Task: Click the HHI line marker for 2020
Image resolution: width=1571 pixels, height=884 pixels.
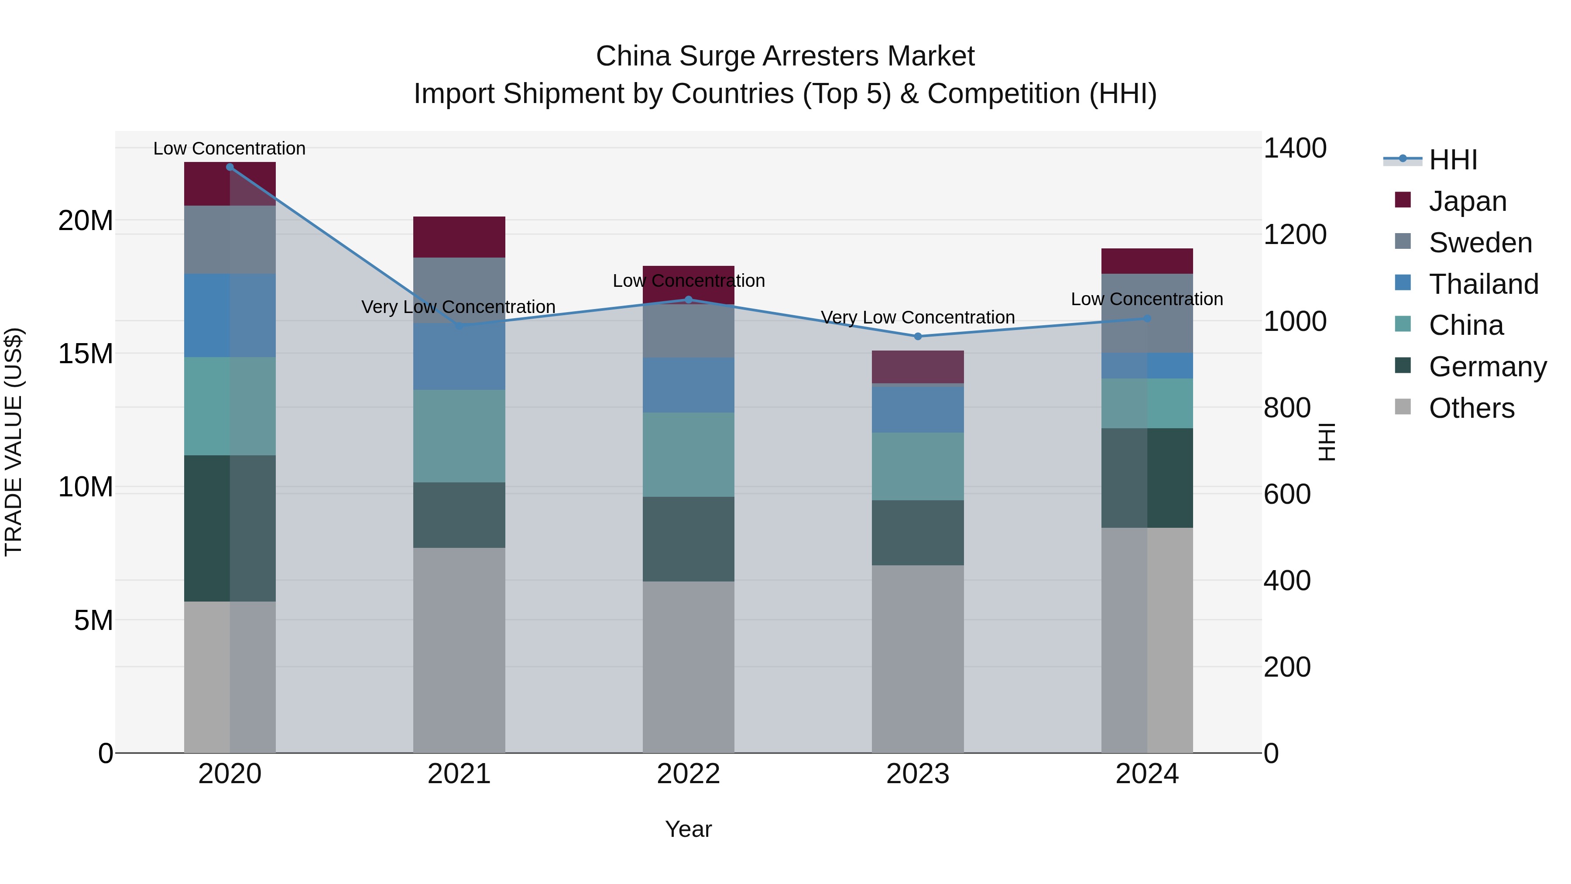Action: [x=230, y=167]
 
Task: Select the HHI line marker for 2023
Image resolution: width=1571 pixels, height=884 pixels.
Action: [x=918, y=336]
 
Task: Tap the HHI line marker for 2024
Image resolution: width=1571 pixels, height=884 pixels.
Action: [x=1147, y=319]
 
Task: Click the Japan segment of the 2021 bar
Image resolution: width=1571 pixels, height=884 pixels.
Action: [x=459, y=237]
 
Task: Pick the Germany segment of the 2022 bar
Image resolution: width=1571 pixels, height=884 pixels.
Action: [x=689, y=539]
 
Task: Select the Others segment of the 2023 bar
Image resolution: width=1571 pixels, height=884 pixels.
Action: [x=918, y=659]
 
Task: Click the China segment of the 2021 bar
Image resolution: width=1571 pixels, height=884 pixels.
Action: [x=459, y=436]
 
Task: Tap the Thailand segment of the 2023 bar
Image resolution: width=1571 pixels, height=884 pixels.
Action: [x=918, y=409]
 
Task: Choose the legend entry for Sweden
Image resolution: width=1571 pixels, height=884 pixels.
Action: [x=1480, y=243]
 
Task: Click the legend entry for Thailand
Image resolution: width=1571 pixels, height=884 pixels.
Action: [x=1483, y=284]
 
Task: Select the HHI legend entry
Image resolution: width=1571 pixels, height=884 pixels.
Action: [x=1453, y=160]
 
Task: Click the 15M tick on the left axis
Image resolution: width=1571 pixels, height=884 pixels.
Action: [x=86, y=354]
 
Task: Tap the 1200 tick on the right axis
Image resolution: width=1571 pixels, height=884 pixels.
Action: [x=1295, y=235]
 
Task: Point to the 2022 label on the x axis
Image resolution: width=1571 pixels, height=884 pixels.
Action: [x=689, y=774]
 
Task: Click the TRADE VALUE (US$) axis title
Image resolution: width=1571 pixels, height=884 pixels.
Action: [x=14, y=442]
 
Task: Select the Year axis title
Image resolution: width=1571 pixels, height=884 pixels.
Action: [x=689, y=829]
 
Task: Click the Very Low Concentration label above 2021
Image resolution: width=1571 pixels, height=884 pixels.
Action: [x=459, y=307]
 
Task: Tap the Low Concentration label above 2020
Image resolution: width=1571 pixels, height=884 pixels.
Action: [x=229, y=148]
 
